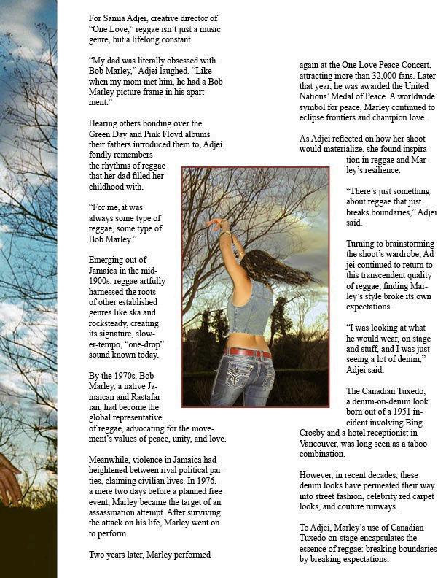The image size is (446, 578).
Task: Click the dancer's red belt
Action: point(248,353)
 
